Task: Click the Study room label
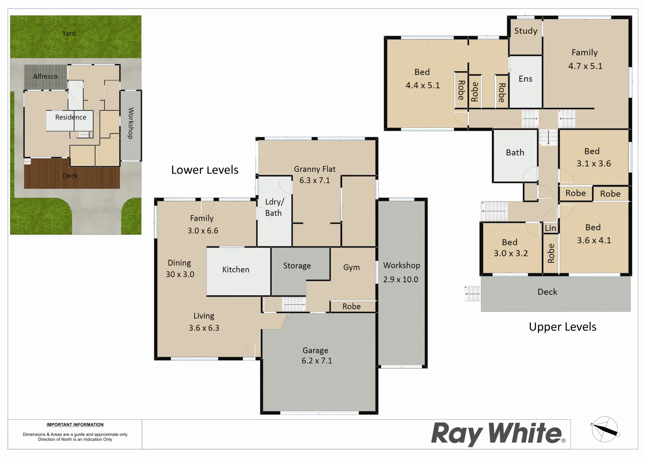[526, 31]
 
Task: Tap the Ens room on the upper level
[525, 79]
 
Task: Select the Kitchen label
[236, 270]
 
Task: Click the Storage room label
[297, 266]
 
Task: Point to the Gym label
[351, 267]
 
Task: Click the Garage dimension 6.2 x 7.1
[317, 361]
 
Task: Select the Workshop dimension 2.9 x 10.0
[400, 279]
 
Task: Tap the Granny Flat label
[314, 169]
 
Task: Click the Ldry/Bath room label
[274, 207]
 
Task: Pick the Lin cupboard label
[550, 228]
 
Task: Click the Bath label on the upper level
[515, 153]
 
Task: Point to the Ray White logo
[498, 434]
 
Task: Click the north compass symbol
[605, 429]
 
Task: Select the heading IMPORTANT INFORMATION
[75, 424]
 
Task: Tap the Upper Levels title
[562, 327]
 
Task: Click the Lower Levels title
[204, 170]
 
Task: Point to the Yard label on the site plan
[69, 33]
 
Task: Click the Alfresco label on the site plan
[45, 77]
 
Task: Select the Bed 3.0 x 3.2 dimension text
[510, 253]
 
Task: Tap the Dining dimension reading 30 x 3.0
[180, 274]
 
